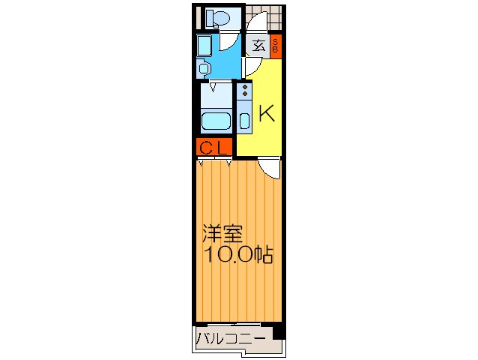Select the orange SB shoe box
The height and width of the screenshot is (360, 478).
point(275,44)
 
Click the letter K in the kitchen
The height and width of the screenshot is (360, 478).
point(267,113)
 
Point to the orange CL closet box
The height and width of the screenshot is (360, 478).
point(214,147)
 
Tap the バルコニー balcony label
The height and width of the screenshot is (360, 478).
point(231,339)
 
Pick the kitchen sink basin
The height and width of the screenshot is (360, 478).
point(244,120)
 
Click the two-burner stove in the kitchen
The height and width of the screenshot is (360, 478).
point(244,93)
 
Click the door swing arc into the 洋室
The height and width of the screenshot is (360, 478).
point(270,168)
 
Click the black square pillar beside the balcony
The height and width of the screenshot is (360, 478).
point(279,330)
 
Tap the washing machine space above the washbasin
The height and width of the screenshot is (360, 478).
point(205,46)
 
